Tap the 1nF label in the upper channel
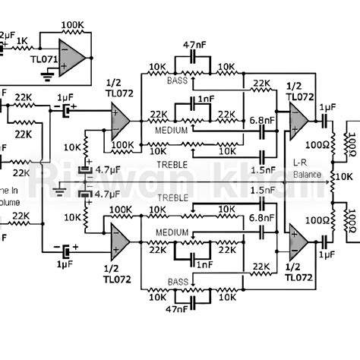[x=204, y=99]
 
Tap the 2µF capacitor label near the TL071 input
[x=6, y=35]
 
